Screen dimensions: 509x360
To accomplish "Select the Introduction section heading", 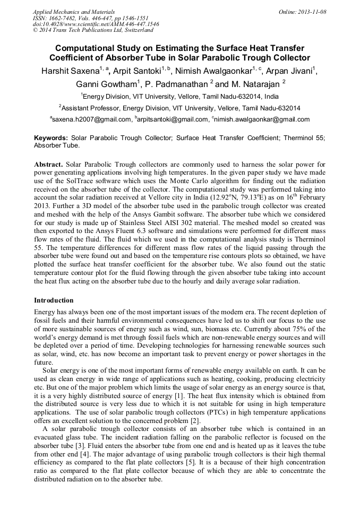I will pos(54,300).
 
